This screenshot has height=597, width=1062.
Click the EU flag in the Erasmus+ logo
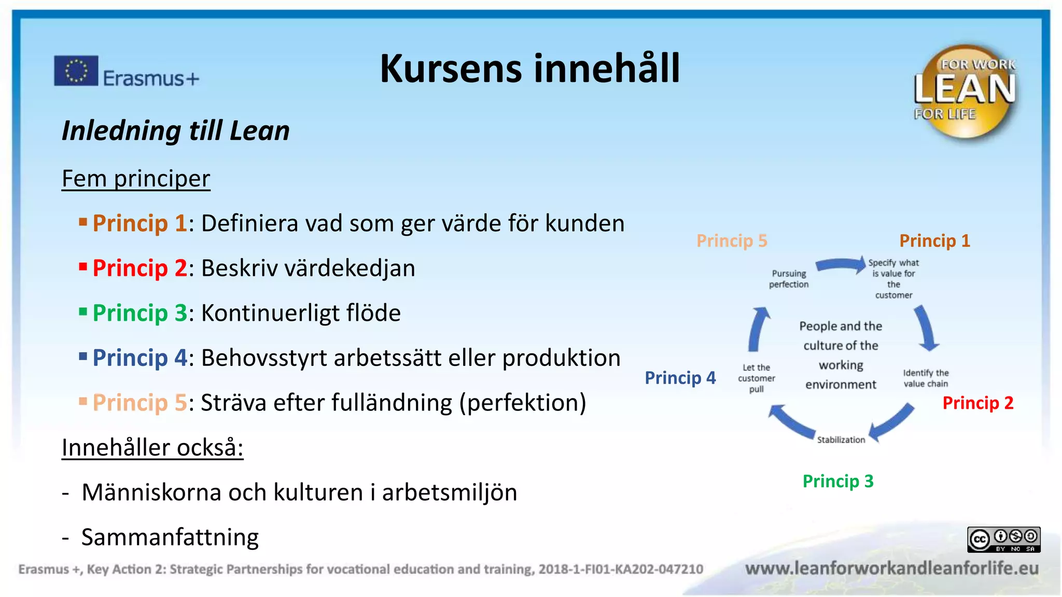[x=76, y=70]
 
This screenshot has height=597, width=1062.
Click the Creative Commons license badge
[x=1003, y=539]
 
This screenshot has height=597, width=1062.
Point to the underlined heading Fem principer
[x=136, y=179]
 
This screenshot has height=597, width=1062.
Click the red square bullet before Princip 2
[x=83, y=267]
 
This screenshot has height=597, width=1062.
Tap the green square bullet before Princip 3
[x=83, y=311]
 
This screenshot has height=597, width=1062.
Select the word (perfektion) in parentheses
[x=523, y=403]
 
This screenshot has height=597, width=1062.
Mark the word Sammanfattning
[x=170, y=537]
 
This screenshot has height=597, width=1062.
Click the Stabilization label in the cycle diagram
[x=841, y=440]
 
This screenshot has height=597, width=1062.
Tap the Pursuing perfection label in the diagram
[x=789, y=279]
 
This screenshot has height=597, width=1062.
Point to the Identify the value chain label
[x=926, y=378]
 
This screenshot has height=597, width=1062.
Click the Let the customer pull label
[x=757, y=378]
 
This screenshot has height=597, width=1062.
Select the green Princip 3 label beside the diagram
[x=838, y=481]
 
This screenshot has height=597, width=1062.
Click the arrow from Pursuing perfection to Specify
[x=840, y=265]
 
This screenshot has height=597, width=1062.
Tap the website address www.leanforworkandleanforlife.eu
[x=892, y=568]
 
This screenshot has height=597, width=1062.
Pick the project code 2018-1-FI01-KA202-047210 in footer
[x=621, y=570]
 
